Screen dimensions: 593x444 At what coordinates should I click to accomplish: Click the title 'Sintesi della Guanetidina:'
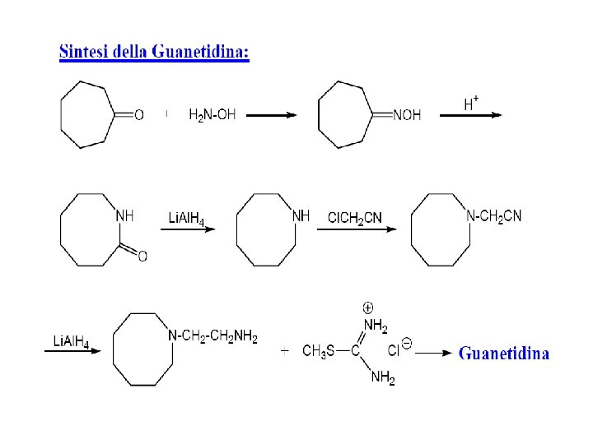click(x=154, y=53)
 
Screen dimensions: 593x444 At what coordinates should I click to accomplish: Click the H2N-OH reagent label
click(x=212, y=115)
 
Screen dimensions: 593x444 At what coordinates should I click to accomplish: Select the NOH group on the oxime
click(x=407, y=115)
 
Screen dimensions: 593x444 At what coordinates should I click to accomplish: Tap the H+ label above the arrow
click(x=471, y=104)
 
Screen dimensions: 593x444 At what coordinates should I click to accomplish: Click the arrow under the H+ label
click(x=470, y=116)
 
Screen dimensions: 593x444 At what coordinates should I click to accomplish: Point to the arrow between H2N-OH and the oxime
click(x=271, y=116)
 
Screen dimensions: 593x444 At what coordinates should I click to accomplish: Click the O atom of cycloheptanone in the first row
click(x=138, y=115)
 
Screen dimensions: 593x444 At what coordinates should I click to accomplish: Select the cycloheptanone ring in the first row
click(x=88, y=114)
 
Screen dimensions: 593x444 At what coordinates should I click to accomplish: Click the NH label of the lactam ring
click(x=124, y=216)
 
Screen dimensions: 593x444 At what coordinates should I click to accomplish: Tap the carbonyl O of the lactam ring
click(x=142, y=257)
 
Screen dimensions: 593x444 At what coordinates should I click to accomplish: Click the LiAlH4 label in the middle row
click(x=186, y=218)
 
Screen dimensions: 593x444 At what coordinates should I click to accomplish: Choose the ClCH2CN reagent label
click(x=354, y=218)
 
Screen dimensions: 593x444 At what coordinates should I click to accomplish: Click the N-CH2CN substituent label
click(x=493, y=216)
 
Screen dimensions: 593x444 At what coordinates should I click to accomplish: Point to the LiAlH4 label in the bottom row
click(x=71, y=341)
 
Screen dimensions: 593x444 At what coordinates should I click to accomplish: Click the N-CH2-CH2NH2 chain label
click(x=212, y=336)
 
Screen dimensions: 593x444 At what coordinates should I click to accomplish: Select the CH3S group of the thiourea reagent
click(x=318, y=352)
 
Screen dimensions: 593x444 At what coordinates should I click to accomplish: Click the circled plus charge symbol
click(x=368, y=308)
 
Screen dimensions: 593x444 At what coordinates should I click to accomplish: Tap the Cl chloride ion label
click(x=395, y=350)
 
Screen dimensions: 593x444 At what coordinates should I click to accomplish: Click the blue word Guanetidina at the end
click(x=504, y=354)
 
